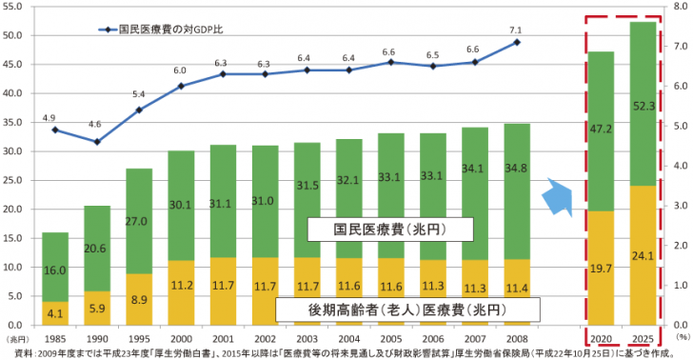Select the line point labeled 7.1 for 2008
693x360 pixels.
(x=517, y=42)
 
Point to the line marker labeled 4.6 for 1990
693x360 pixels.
(x=96, y=141)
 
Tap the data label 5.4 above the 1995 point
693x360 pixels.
(x=138, y=94)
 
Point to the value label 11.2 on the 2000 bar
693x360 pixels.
(x=181, y=283)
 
